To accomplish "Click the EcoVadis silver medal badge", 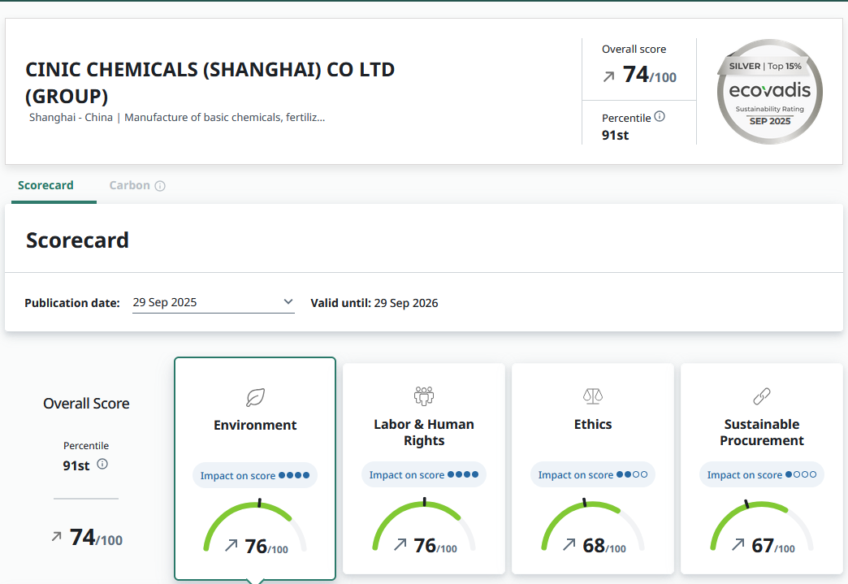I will coord(769,91).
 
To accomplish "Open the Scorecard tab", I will coord(45,185).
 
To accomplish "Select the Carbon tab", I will coord(130,185).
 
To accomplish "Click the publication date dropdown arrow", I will coord(288,302).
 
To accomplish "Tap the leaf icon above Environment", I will coord(255,397).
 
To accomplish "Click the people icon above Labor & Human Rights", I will coord(424,396).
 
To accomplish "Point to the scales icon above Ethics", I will coord(593,396).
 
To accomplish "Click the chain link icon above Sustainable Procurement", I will coord(761,396).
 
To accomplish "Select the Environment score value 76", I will coord(257,546).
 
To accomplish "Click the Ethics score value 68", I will coord(595,546).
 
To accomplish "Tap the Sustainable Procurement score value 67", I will coord(764,546).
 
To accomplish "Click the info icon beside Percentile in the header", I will coord(660,117).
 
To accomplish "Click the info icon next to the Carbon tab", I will coord(160,186).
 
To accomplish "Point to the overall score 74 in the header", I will coord(637,75).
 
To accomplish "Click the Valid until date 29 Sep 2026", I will coord(405,303).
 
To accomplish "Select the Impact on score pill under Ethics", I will coord(593,475).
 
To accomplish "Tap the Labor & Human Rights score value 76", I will coord(426,546).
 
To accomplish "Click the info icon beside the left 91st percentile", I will coord(102,465).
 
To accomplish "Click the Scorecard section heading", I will coord(77,240).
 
